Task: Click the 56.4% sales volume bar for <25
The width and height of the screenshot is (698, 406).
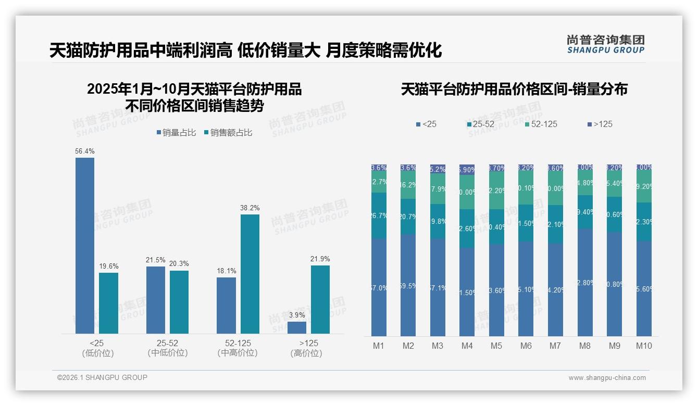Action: click(x=85, y=245)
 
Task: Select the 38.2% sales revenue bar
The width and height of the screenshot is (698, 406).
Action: click(x=250, y=274)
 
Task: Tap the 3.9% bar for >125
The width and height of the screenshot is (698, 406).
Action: click(x=297, y=327)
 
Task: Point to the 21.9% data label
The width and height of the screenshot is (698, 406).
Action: click(x=320, y=259)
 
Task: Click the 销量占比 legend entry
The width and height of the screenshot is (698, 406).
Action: click(x=176, y=133)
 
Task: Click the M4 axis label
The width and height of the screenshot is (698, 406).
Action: click(x=467, y=346)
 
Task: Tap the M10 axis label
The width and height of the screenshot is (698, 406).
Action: click(x=644, y=346)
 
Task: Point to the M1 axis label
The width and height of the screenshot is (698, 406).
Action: click(x=379, y=346)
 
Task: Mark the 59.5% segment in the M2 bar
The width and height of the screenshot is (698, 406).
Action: click(x=408, y=285)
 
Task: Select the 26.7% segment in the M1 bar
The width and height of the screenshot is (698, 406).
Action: click(x=379, y=215)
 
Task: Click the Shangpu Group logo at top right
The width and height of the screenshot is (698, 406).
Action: click(x=605, y=44)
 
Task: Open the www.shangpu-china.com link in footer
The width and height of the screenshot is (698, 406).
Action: click(x=607, y=378)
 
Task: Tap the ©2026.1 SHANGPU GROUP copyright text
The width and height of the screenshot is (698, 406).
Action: click(x=102, y=377)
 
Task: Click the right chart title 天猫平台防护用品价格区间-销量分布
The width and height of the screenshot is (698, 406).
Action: click(x=514, y=89)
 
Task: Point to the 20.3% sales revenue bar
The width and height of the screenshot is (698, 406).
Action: click(x=179, y=302)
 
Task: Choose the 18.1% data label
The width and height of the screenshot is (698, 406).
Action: click(x=226, y=271)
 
